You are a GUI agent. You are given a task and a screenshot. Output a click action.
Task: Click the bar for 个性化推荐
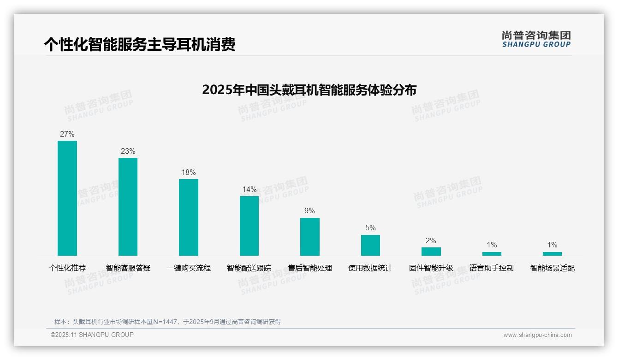pos(67,198)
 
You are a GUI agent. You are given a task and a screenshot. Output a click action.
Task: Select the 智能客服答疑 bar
pos(128,206)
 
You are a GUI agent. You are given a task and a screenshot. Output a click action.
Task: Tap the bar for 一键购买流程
pos(189,217)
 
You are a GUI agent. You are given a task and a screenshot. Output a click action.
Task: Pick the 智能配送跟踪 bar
pos(249,226)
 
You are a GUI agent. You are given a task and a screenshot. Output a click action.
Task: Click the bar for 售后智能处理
pos(310,236)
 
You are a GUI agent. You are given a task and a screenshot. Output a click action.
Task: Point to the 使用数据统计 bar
pos(370,245)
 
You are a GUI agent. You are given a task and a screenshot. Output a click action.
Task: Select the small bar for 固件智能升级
pos(431,252)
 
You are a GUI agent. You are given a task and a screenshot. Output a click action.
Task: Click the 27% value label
pos(67,134)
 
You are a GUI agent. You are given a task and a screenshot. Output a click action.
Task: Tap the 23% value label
pos(128,151)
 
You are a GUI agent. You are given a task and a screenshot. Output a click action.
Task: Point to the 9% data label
pos(309,211)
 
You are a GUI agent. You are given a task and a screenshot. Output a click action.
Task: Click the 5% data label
pos(370,228)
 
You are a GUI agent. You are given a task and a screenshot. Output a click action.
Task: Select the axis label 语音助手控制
pos(491,268)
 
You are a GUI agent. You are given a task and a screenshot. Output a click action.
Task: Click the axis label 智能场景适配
pos(552,268)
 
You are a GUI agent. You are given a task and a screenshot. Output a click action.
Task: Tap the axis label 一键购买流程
pos(189,268)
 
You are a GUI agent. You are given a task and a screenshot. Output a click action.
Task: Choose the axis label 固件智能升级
pos(431,268)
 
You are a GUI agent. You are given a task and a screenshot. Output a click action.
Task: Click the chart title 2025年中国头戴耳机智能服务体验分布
pos(309,90)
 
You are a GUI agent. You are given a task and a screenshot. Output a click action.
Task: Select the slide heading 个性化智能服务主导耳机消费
pos(140,44)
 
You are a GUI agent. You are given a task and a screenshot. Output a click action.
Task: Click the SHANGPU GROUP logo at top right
pos(536,39)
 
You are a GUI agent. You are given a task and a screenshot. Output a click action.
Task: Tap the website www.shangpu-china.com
pos(537,335)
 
